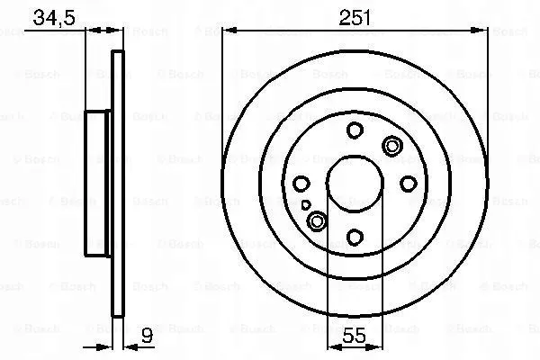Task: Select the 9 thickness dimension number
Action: point(147,340)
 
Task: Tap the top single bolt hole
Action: point(355,130)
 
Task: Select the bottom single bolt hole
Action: point(355,238)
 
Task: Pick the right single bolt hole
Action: point(408,184)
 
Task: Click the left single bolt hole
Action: point(301,184)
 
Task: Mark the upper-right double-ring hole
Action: point(392,146)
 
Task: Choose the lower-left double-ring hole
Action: point(317,221)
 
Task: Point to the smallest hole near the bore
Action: point(307,205)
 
